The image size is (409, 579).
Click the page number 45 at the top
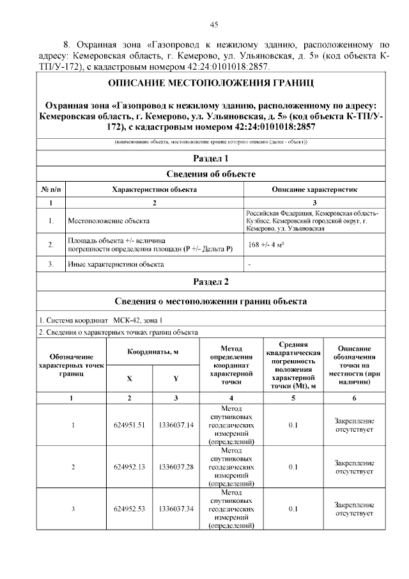tap(214, 24)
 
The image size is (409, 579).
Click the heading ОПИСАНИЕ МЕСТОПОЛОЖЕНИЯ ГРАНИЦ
tap(210, 84)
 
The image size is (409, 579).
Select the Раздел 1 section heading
tap(210, 158)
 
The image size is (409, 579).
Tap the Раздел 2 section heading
tap(210, 282)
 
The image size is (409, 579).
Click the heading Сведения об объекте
tap(210, 174)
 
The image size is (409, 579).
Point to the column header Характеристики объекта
tap(154, 189)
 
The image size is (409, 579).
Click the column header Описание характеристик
tap(314, 189)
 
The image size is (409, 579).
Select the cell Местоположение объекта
tap(104, 221)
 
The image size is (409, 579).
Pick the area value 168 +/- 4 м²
tap(266, 244)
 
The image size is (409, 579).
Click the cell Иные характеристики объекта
tap(116, 264)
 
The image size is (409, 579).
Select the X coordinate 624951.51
tap(129, 425)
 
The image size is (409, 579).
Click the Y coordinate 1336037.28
tap(176, 466)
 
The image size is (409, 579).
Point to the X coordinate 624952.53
tap(129, 509)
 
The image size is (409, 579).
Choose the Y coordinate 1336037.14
tap(176, 425)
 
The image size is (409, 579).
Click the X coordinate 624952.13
tap(129, 466)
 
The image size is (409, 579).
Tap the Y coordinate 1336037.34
tap(176, 509)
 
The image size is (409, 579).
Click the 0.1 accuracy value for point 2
tap(293, 466)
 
